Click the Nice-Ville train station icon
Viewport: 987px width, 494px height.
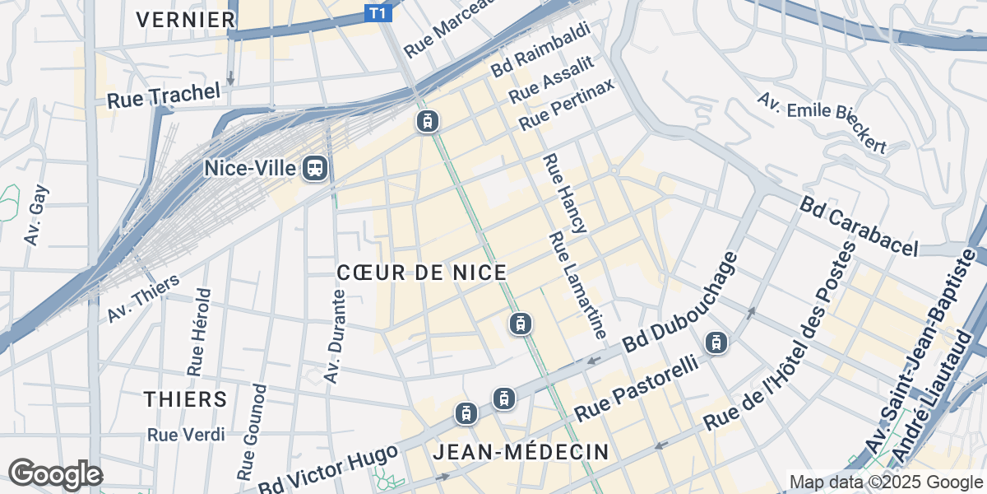[x=314, y=169]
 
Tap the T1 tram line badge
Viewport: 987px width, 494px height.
[x=378, y=13]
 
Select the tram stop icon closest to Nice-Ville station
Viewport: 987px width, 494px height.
[x=427, y=122]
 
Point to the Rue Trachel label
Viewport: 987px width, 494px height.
[x=164, y=96]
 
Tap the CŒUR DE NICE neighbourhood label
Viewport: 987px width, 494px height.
[x=421, y=273]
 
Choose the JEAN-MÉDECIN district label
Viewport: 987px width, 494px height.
[x=521, y=452]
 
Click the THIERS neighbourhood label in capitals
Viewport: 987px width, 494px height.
[x=185, y=399]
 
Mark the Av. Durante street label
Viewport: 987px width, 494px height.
[x=334, y=336]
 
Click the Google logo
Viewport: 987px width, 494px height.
[x=54, y=474]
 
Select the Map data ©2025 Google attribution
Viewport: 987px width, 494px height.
[x=885, y=482]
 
